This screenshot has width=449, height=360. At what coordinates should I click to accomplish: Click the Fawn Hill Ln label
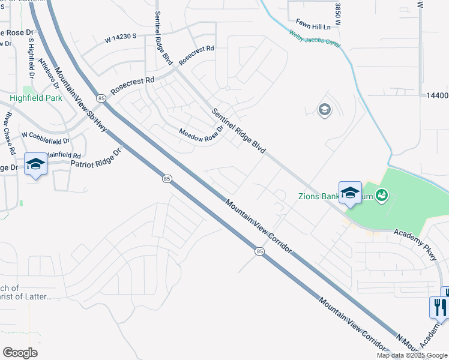(310, 27)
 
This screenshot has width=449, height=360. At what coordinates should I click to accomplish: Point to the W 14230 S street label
(121, 37)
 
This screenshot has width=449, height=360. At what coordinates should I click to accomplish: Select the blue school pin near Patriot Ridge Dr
(35, 164)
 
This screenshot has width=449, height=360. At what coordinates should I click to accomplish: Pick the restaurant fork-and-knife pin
(440, 307)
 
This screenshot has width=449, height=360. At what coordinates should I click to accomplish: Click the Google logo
(20, 353)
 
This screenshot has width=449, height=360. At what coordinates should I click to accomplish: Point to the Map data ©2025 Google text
(412, 355)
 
